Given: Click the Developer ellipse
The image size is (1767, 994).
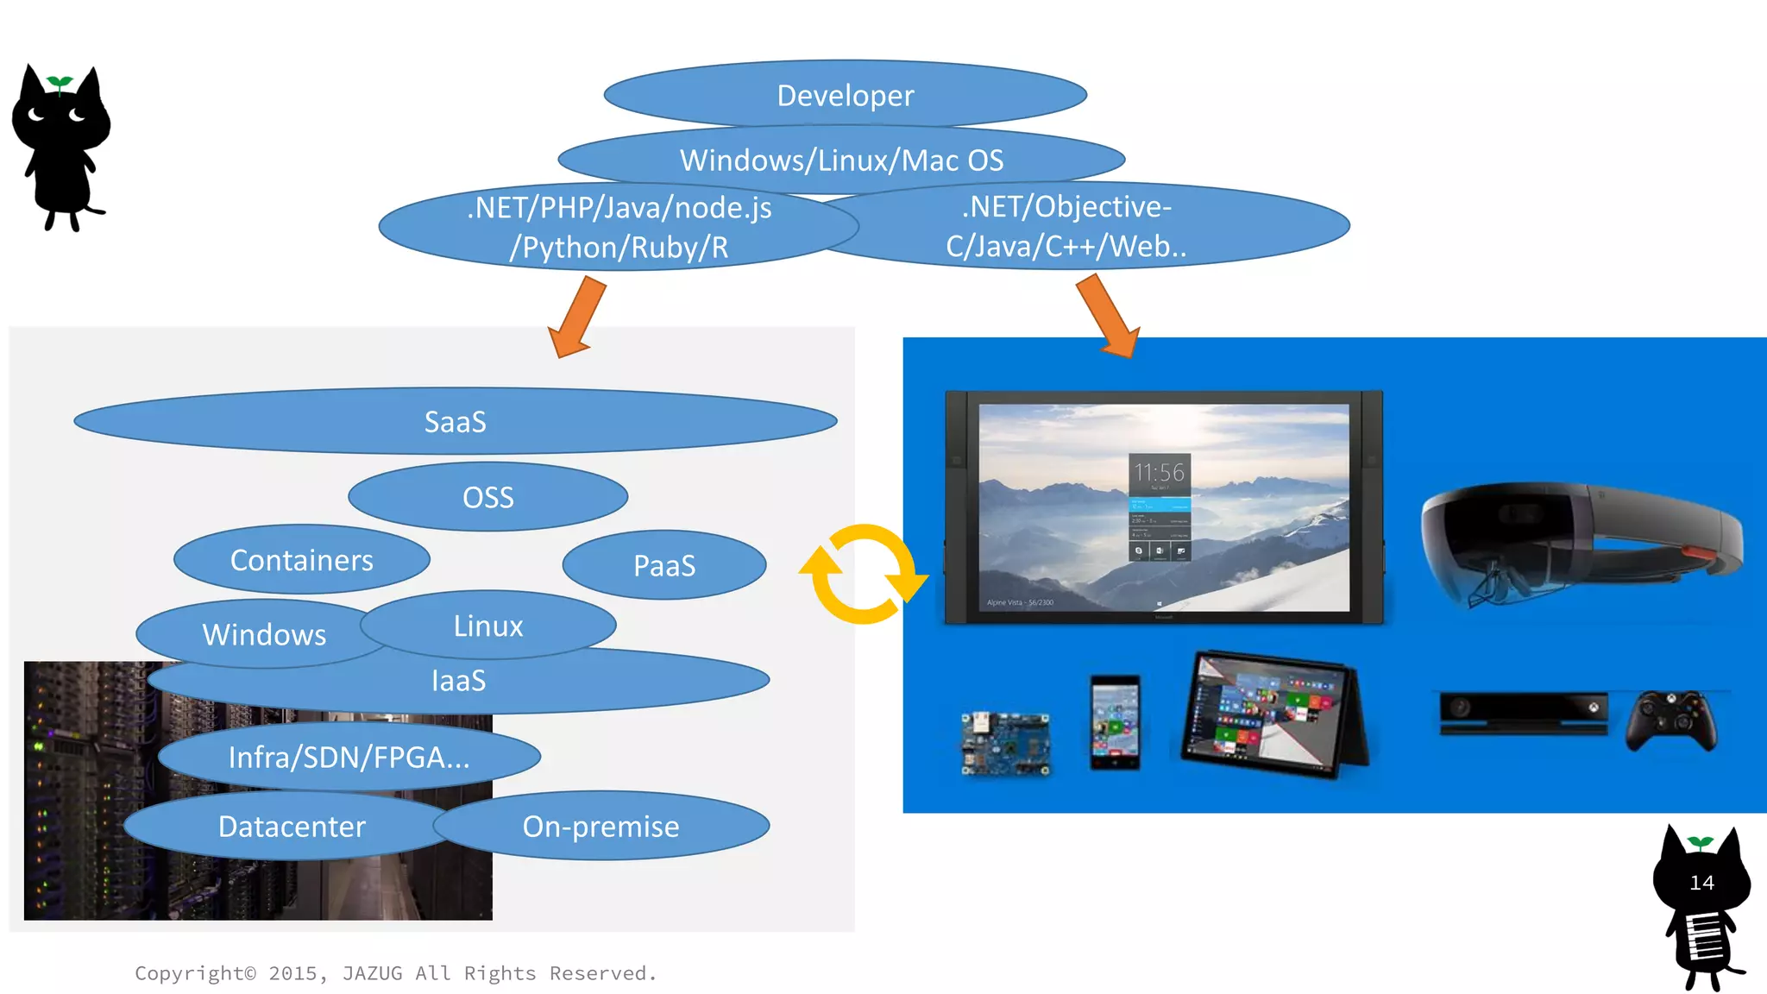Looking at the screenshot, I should tap(845, 95).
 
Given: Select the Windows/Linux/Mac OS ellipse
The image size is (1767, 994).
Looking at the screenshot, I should tap(841, 160).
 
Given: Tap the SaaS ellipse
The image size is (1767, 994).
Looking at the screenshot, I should tap(455, 422).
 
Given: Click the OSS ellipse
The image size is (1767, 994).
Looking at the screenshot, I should tap(487, 497).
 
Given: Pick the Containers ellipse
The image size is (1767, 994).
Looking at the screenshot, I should tap(301, 560).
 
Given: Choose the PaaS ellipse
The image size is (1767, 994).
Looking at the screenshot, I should tap(663, 565).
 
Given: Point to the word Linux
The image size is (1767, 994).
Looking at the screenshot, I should tap(488, 626).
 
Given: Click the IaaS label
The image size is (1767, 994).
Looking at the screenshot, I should tap(458, 681).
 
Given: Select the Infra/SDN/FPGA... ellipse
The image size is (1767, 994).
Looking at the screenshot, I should tap(349, 757).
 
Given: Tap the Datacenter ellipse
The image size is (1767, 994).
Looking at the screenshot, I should tap(292, 827).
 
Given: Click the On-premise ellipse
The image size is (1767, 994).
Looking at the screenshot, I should tap(601, 827).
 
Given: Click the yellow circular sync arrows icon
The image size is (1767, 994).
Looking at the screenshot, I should tap(863, 574).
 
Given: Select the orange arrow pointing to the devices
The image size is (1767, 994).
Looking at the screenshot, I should tap(1110, 316).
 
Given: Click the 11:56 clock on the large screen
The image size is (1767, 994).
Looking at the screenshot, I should tap(1160, 473).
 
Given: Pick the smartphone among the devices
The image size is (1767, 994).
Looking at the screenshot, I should tap(1115, 722).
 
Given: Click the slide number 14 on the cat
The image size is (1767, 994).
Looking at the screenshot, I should tap(1701, 883).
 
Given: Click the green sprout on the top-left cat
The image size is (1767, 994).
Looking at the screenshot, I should tap(60, 83).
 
